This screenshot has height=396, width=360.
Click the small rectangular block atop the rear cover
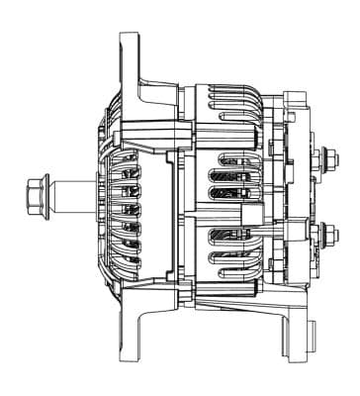(x=294, y=100)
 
